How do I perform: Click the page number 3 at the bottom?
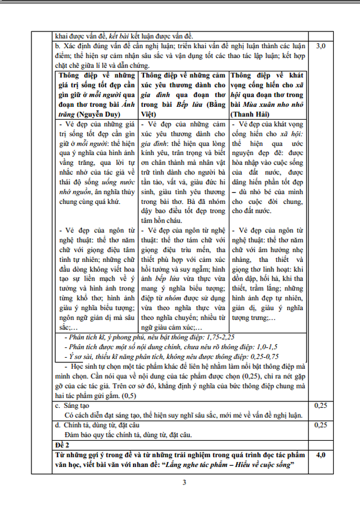click(184, 482)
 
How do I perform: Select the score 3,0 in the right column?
click(325, 45)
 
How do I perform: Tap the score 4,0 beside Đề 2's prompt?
click(325, 454)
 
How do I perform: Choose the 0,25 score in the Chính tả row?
click(325, 425)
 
